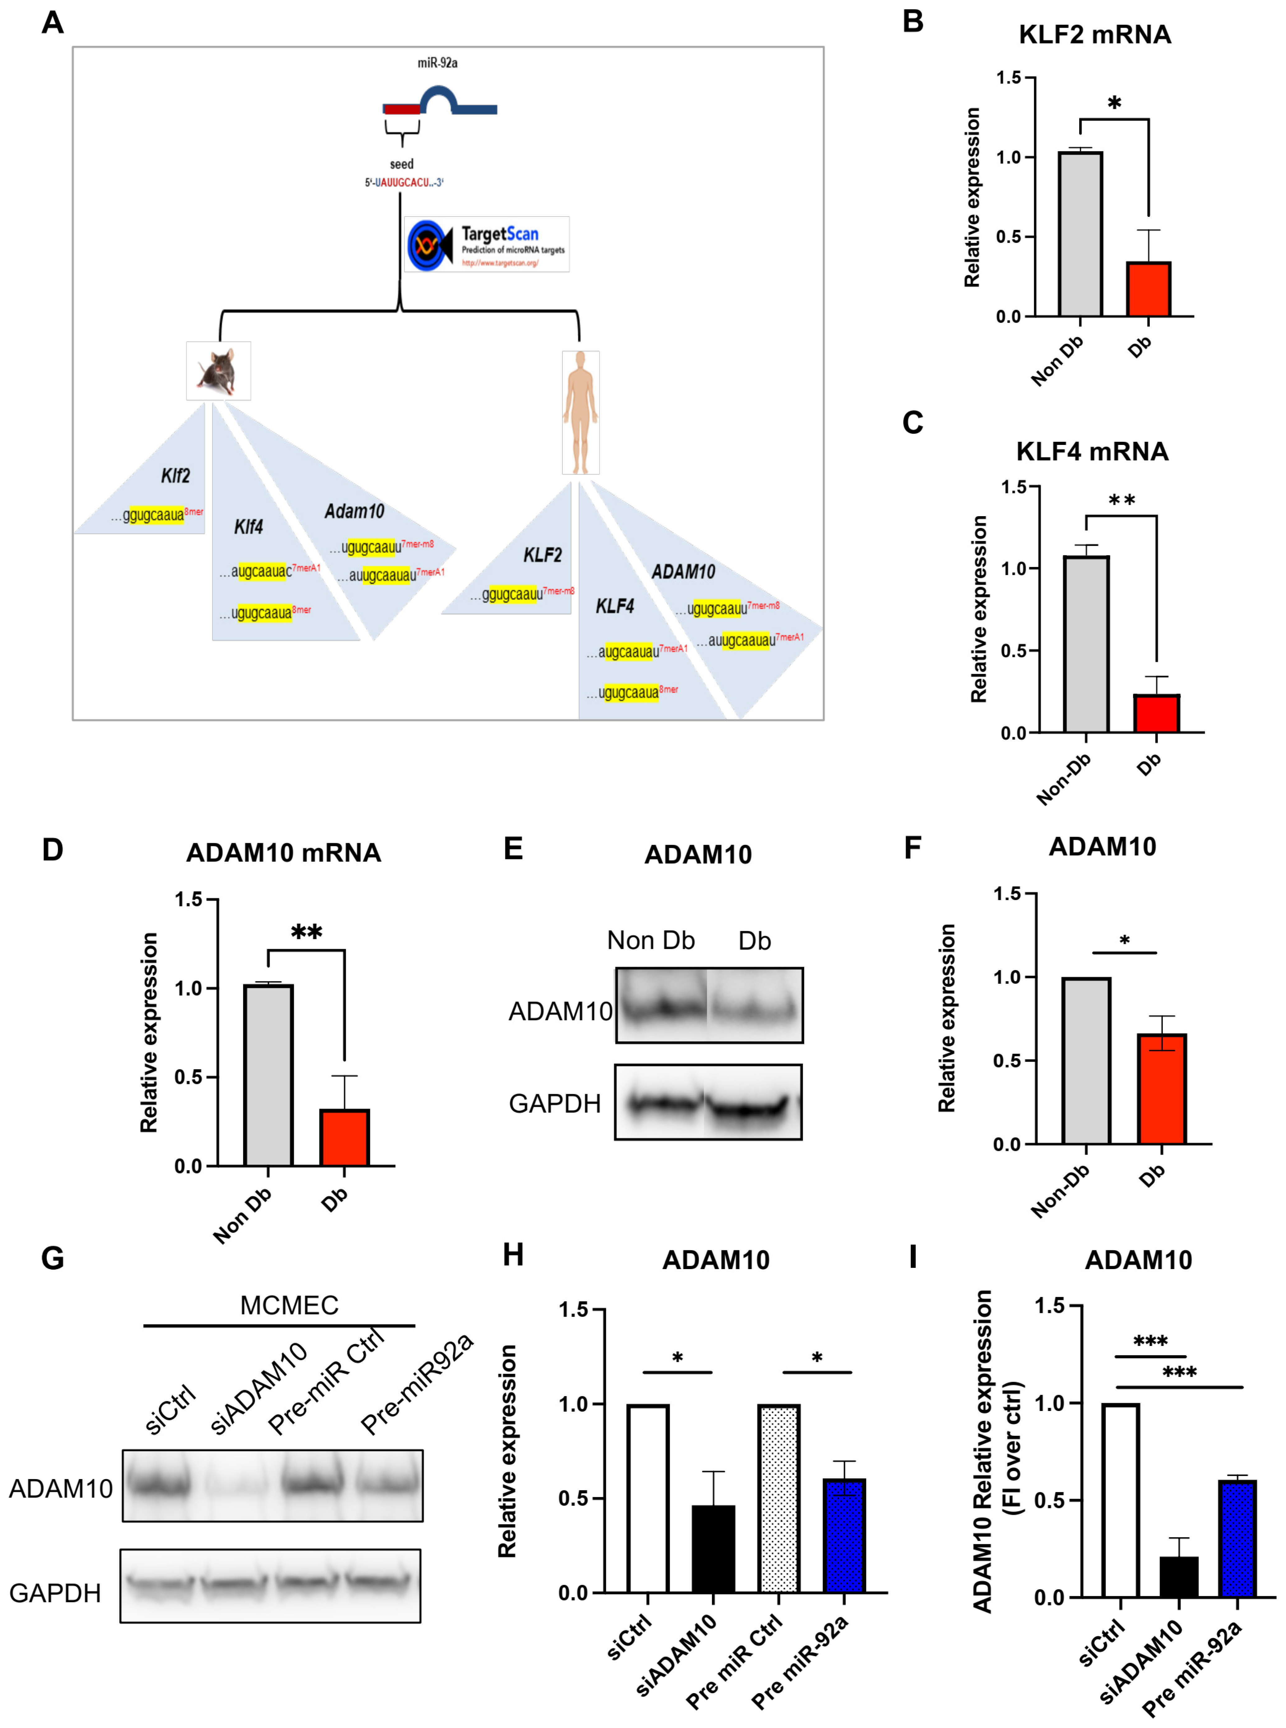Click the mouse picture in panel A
[x=219, y=371]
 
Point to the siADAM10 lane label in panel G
[x=258, y=1388]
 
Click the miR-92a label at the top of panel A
[x=438, y=62]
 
